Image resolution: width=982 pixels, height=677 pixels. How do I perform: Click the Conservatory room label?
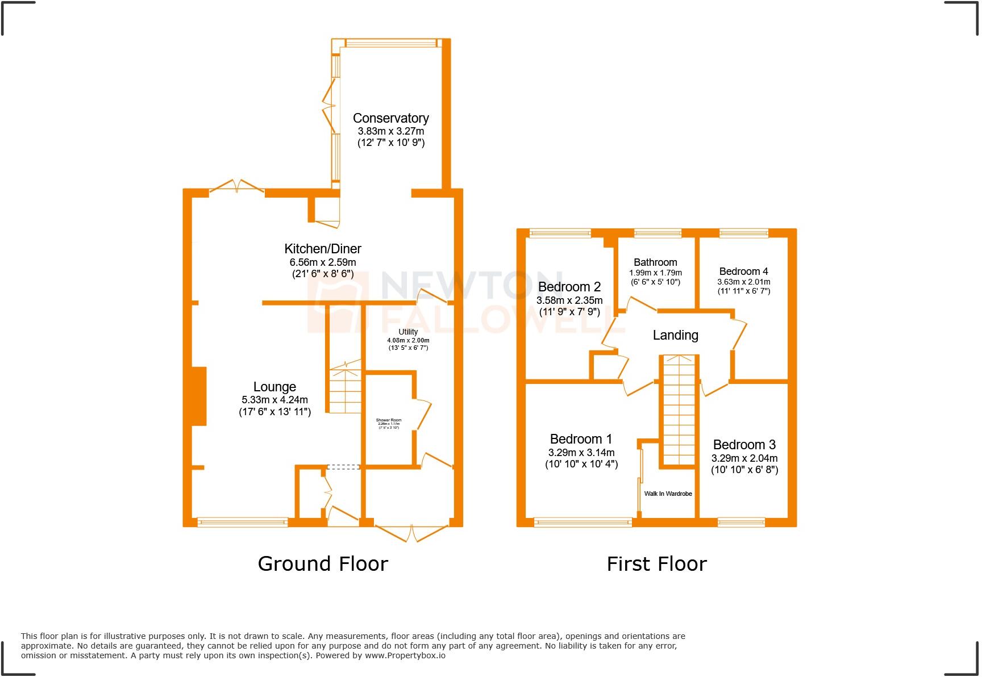[x=390, y=118]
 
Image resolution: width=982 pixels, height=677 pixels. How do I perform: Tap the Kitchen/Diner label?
[x=322, y=249]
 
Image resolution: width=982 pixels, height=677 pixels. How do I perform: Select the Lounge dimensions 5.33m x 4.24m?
[x=274, y=400]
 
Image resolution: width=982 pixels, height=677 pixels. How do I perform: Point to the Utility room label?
[x=408, y=332]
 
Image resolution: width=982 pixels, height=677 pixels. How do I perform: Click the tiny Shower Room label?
[x=388, y=421]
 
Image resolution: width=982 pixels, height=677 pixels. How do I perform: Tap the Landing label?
[x=675, y=335]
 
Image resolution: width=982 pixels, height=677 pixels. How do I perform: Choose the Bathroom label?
[x=655, y=262]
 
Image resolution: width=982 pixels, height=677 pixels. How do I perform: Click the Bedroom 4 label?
[x=743, y=271]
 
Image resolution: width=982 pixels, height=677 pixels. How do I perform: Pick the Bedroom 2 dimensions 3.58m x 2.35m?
[x=569, y=300]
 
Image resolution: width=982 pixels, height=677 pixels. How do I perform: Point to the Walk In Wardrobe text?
[x=668, y=494]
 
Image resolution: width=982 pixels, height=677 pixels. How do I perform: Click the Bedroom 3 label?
[x=744, y=445]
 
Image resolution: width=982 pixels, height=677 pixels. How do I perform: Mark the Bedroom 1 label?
[x=581, y=439]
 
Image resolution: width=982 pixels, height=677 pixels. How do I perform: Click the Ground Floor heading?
[x=323, y=564]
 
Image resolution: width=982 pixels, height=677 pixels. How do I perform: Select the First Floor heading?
[x=656, y=564]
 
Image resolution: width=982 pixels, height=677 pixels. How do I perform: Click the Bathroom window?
[x=658, y=233]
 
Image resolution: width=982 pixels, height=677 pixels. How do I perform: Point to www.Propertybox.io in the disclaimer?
[x=405, y=655]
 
